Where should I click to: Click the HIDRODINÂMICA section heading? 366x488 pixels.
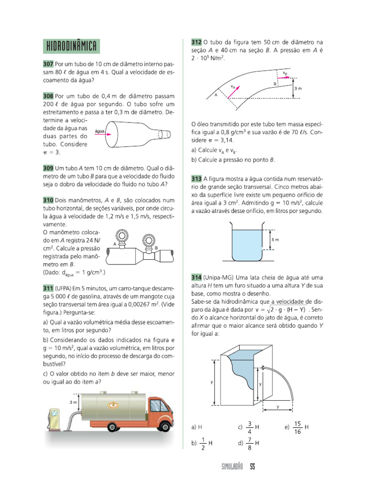point(71,46)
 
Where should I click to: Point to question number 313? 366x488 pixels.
point(196,178)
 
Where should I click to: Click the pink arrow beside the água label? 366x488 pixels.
point(103,135)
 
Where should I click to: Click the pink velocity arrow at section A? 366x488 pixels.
point(233,91)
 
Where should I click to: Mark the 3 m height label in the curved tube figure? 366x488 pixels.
point(298,89)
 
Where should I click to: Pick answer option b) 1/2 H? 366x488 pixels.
point(202,443)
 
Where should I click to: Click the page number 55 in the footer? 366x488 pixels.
point(253,467)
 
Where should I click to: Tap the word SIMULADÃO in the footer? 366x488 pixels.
point(233,467)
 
